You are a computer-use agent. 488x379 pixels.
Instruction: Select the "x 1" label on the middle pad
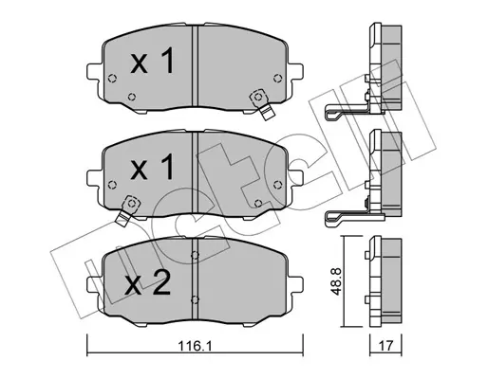tap(152, 170)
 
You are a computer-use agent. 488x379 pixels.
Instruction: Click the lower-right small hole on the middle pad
tap(258, 202)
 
